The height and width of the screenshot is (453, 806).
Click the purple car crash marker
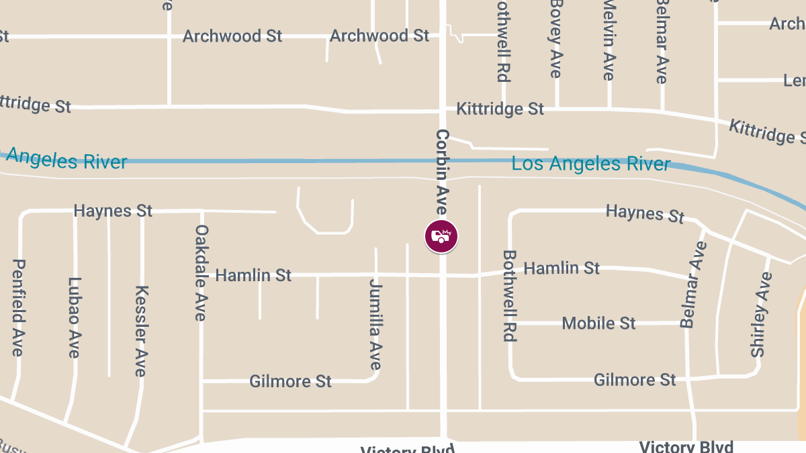coord(441,236)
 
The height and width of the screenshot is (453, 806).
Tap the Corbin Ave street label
coord(443,171)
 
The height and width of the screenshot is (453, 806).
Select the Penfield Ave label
coord(18,307)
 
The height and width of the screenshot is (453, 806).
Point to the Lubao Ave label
coord(74,317)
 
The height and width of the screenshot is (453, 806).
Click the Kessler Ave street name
coord(141,331)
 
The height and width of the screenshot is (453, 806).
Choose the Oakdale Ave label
coord(201,272)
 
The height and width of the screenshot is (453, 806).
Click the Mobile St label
coord(598,323)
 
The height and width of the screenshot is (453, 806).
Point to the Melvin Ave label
coord(609,40)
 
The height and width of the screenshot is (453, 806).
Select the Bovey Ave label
coord(556,39)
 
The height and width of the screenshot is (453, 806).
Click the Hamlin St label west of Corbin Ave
coord(253,275)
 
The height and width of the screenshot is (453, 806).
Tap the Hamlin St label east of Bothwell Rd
coord(562,268)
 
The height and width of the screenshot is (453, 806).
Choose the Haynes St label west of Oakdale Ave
coord(113,211)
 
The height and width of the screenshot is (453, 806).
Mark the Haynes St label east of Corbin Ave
coord(645,213)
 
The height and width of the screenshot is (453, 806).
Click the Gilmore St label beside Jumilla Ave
coord(290,381)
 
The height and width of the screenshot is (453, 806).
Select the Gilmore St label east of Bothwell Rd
coord(635,380)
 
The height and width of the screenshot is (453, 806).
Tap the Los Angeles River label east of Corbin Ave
coord(590,163)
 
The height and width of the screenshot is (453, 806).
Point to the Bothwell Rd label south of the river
coord(510,296)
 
